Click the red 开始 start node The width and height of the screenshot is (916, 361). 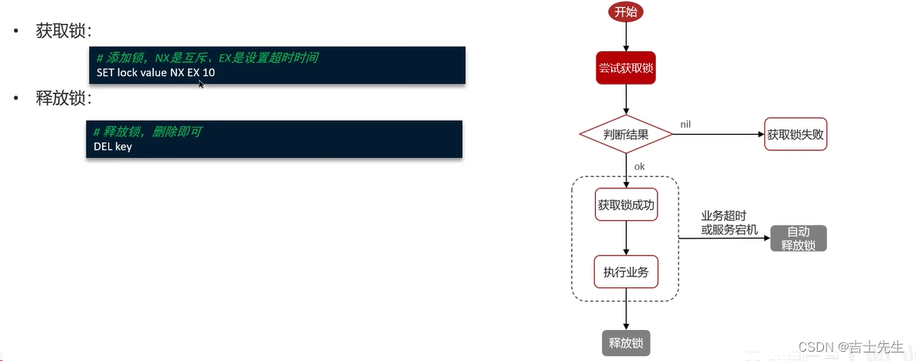626,12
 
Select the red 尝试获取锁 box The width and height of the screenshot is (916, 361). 626,69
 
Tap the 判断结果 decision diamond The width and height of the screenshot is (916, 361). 626,134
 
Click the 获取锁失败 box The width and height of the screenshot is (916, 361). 795,134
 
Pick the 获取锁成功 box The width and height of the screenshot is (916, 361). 626,205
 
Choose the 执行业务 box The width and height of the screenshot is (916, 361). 626,272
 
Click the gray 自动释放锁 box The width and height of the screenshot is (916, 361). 798,239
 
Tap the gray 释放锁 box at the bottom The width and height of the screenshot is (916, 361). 626,343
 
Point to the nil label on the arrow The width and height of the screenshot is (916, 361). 686,124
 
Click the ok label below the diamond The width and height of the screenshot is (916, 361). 639,166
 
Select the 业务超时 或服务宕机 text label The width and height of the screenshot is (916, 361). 724,223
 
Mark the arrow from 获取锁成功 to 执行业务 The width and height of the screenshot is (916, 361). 626,239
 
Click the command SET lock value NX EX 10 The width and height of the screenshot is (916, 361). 156,73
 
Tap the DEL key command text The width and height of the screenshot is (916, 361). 113,146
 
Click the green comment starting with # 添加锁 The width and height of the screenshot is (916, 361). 207,58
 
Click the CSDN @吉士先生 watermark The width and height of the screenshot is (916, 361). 850,347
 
